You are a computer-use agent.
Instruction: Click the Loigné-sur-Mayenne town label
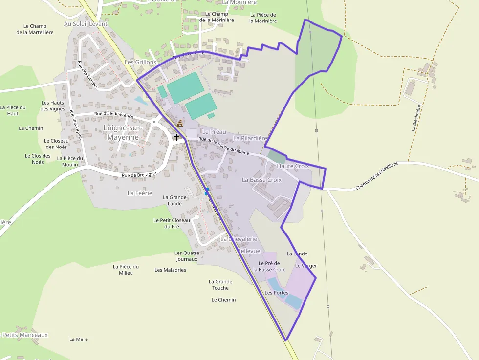123,132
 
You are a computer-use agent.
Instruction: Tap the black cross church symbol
176,137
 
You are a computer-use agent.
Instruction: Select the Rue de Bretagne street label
139,174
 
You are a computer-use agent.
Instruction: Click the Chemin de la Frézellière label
377,176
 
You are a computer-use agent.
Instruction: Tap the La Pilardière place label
250,138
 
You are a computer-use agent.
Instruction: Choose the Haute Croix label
293,166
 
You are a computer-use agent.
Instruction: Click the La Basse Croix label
262,180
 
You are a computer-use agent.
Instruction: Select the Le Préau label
214,132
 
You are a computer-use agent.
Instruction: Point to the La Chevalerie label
239,239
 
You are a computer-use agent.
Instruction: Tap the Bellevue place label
249,251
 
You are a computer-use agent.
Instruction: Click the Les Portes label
276,293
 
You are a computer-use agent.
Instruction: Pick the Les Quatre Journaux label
186,256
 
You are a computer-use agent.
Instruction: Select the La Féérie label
140,193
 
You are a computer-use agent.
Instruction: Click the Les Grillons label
140,62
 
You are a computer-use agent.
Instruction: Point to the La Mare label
79,339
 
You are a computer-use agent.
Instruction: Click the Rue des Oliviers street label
87,75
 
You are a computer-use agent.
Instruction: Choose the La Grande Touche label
220,284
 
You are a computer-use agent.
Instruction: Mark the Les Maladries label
170,270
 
